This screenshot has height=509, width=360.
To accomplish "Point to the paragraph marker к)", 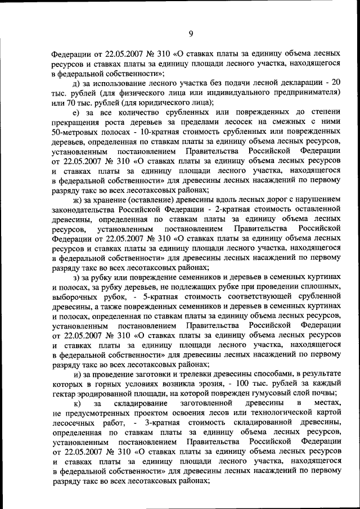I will click(x=77, y=403).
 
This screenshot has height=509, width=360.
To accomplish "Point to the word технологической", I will click(x=281, y=413).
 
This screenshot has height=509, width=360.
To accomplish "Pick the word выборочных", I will click(x=74, y=296).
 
